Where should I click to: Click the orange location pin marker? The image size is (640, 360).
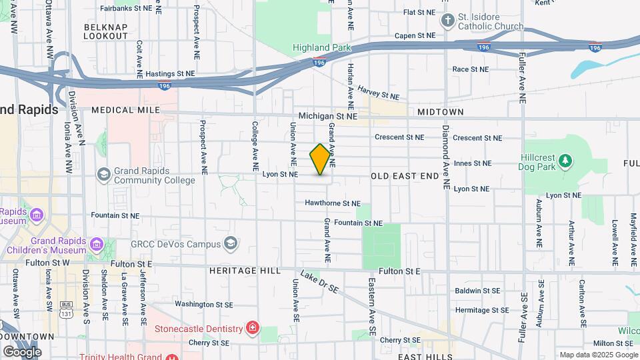[321, 159]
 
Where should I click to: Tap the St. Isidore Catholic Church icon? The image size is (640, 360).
[447, 20]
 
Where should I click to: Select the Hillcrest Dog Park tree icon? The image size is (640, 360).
[565, 160]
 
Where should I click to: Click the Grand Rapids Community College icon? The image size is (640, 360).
[103, 174]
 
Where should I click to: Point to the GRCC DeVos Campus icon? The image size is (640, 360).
[231, 243]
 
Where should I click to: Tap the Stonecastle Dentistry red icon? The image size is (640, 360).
[252, 328]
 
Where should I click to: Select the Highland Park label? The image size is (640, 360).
[322, 48]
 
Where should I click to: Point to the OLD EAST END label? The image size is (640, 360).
[405, 176]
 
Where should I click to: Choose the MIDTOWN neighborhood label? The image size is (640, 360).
[440, 112]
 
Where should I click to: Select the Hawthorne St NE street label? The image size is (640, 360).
[333, 203]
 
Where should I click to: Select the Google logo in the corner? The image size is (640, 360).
[22, 351]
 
